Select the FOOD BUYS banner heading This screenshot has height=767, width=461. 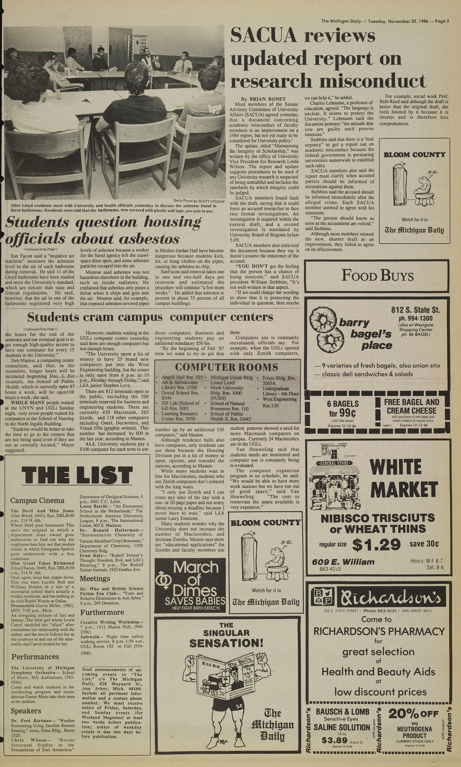377,276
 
